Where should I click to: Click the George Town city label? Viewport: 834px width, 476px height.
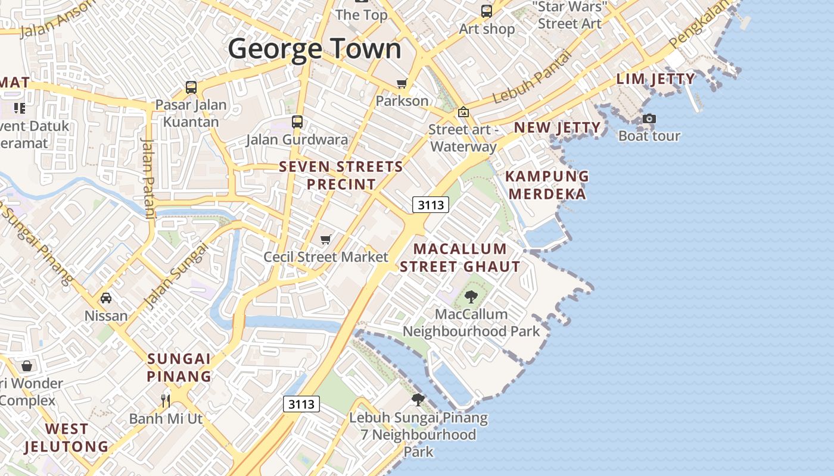click(x=315, y=49)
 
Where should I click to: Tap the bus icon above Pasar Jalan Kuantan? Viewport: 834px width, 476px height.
click(x=191, y=87)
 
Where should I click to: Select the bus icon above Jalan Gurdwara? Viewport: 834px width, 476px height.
click(x=297, y=122)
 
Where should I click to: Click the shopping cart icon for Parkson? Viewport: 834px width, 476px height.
click(x=402, y=83)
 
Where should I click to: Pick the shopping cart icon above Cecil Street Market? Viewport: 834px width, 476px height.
click(x=325, y=239)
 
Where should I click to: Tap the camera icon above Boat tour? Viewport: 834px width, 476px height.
click(x=649, y=118)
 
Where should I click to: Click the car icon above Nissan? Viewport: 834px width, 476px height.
click(x=106, y=297)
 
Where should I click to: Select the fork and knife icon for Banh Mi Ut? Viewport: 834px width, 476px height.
click(x=166, y=400)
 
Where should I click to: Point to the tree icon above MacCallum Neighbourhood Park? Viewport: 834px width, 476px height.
click(x=471, y=296)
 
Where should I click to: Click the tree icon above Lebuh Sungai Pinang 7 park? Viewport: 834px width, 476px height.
click(x=418, y=399)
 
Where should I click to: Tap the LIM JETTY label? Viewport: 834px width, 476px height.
click(x=655, y=79)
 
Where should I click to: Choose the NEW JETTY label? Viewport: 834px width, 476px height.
click(x=557, y=127)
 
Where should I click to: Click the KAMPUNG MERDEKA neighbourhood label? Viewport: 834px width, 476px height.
click(x=547, y=185)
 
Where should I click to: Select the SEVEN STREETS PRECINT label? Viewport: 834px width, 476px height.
click(x=341, y=176)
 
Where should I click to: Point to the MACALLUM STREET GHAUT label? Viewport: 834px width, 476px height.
click(x=460, y=258)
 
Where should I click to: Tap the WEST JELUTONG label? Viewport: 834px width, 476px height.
click(x=67, y=437)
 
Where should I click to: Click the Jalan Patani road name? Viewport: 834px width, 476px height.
click(x=148, y=178)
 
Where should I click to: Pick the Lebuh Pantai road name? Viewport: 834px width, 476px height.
click(x=532, y=77)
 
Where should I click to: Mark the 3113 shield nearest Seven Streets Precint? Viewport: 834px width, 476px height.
click(x=430, y=205)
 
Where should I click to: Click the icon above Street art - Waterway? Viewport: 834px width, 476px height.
click(x=463, y=111)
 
